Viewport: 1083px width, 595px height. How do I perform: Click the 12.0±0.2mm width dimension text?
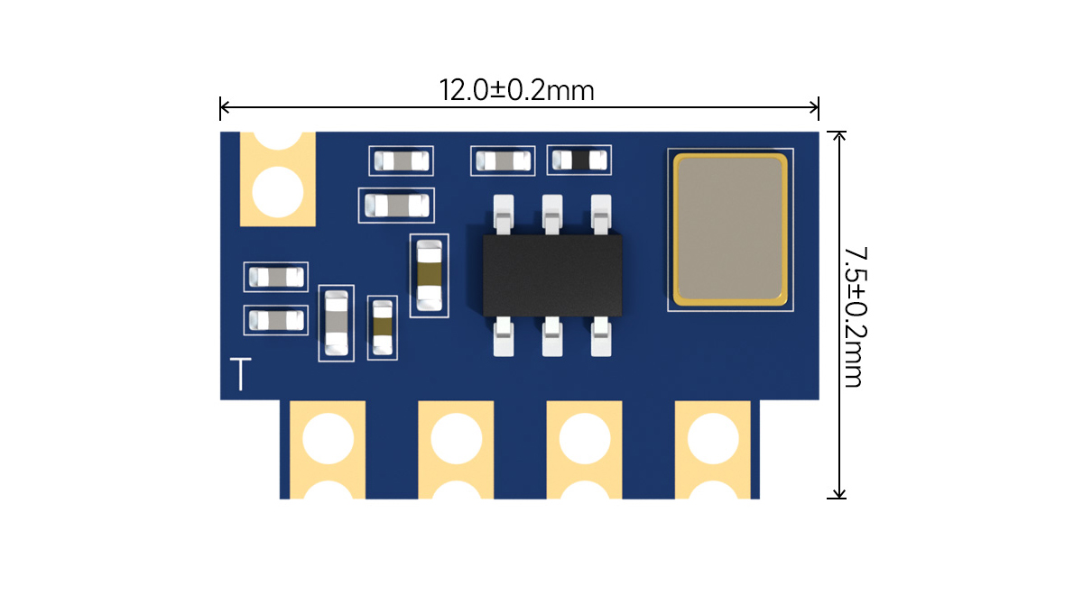pos(516,91)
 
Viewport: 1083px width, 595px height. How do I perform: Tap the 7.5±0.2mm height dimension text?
pos(853,316)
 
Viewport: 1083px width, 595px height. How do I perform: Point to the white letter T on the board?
pos(240,374)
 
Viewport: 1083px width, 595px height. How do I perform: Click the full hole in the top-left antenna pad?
pos(278,191)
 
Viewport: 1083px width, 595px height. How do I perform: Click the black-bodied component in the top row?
pos(579,160)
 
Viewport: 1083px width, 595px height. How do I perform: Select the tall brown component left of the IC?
pos(430,275)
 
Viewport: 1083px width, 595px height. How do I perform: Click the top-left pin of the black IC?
pos(504,215)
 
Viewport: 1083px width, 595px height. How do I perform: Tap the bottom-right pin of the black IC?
pos(601,336)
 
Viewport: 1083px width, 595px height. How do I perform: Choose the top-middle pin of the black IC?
pos(552,215)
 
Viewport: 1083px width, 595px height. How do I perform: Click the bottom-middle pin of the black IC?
pos(552,336)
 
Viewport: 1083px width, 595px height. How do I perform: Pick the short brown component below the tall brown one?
pos(384,328)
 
